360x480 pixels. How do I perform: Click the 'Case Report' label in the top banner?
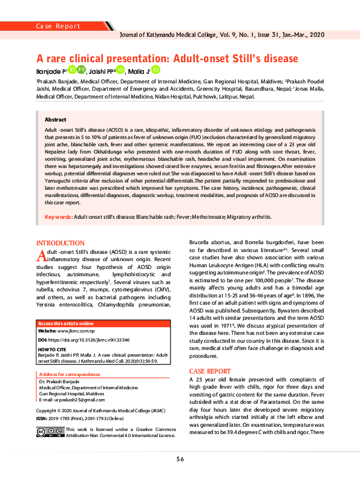(59, 27)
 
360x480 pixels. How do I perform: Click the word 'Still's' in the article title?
(239, 60)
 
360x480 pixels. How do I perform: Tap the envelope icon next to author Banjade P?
(80, 71)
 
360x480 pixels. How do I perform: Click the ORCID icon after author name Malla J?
(155, 71)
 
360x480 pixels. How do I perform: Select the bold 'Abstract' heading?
(56, 120)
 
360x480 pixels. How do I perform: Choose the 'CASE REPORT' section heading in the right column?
(210, 371)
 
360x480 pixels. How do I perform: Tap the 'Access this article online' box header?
(67, 323)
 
